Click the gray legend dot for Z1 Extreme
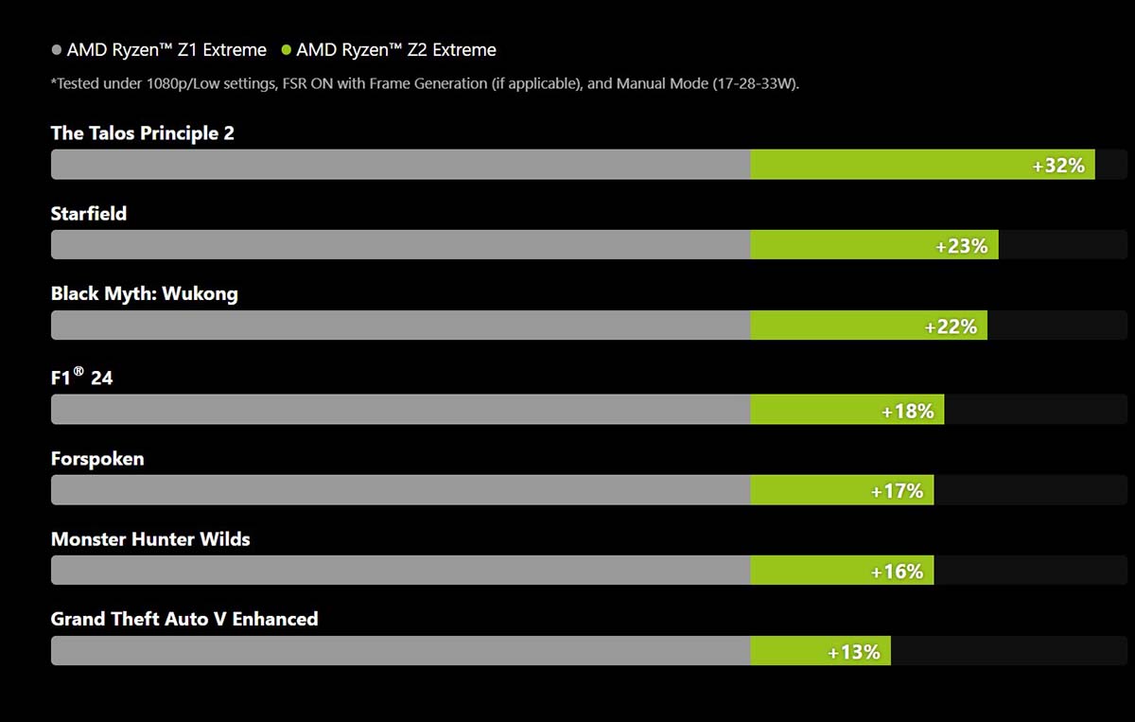[x=57, y=50]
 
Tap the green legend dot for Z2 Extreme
[x=287, y=50]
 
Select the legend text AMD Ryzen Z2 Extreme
[x=396, y=50]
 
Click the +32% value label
[x=1058, y=166]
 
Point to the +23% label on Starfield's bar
[x=961, y=246]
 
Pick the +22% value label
[x=951, y=326]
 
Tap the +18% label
[x=907, y=411]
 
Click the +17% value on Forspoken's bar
[x=897, y=491]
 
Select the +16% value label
[x=897, y=572]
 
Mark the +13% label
[x=853, y=652]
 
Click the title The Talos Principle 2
[x=142, y=133]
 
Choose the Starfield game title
[x=89, y=214]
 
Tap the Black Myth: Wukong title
[x=144, y=294]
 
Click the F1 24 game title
[x=81, y=378]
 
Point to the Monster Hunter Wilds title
[x=150, y=539]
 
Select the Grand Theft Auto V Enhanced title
[x=184, y=620]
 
